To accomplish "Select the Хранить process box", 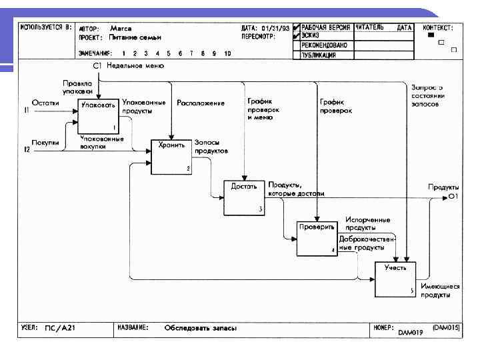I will click(x=171, y=156).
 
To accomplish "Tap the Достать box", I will click(x=244, y=197).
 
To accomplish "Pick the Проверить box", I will click(x=317, y=237).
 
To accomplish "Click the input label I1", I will click(x=27, y=110).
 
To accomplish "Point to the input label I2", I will click(x=27, y=151).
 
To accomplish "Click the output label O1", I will click(x=453, y=197).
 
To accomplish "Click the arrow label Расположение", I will click(x=200, y=103).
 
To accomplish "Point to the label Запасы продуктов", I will click(x=211, y=147).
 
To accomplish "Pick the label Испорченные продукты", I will click(x=367, y=223).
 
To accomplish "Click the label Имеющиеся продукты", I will click(x=440, y=290).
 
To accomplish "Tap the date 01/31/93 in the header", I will click(x=276, y=28).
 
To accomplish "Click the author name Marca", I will click(x=121, y=29).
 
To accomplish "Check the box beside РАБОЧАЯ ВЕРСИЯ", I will click(x=296, y=27).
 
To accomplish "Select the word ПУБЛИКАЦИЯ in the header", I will click(x=319, y=55).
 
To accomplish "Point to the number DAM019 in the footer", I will click(x=411, y=331).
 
